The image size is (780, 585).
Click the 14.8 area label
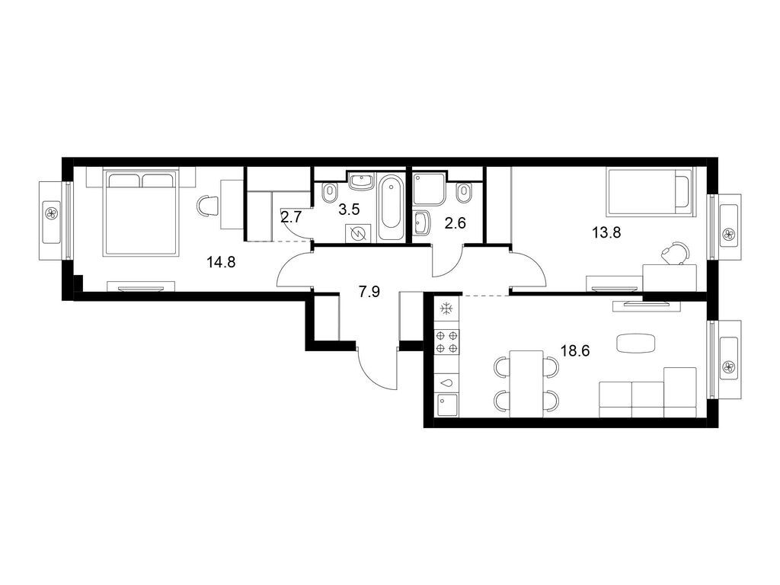tap(221, 263)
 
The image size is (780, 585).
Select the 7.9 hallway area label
tap(369, 292)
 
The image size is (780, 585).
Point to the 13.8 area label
tap(606, 233)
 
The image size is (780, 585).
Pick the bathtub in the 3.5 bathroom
tap(390, 203)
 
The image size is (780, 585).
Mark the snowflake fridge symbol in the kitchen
tap(446, 310)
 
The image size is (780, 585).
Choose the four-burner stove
tap(446, 342)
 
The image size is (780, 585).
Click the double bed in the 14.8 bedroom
tap(142, 213)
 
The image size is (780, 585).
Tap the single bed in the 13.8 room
tap(649, 190)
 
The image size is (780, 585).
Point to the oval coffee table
tap(635, 344)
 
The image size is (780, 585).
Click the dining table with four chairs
tap(526, 381)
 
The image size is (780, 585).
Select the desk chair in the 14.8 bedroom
tap(206, 205)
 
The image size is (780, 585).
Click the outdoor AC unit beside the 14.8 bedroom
tap(52, 213)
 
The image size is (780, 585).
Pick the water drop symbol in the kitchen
tap(446, 383)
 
